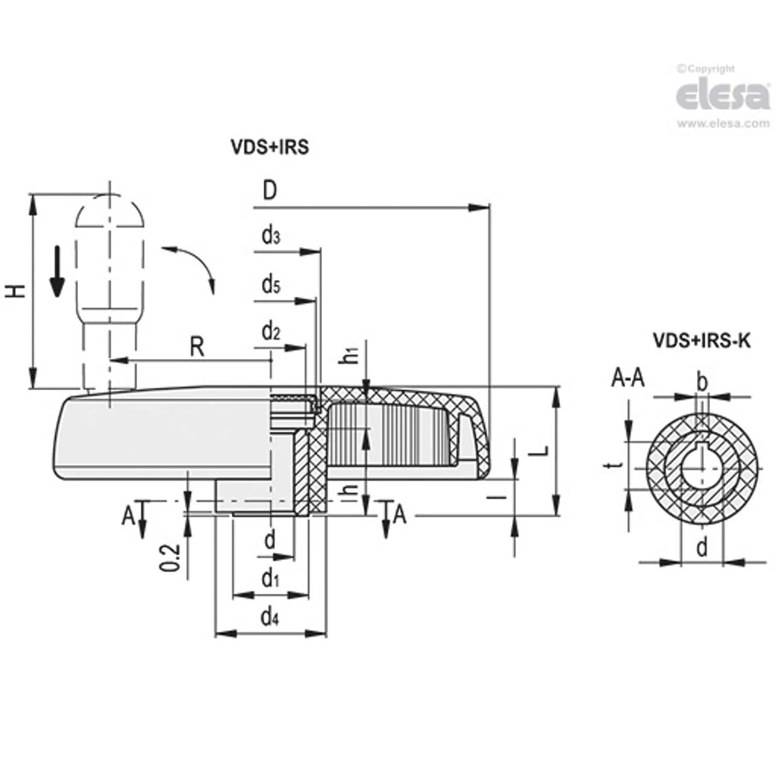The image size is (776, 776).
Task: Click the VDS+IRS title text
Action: tap(269, 148)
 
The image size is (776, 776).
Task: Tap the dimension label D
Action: tap(270, 191)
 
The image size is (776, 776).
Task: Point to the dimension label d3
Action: tap(270, 236)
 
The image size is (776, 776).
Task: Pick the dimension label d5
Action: tap(270, 284)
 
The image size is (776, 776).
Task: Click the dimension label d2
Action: tap(270, 332)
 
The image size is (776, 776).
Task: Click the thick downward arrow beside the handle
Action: tap(58, 272)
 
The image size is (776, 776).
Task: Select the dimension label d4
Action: tap(270, 617)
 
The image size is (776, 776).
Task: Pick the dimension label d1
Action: tap(270, 579)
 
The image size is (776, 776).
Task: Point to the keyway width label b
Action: tap(702, 382)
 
